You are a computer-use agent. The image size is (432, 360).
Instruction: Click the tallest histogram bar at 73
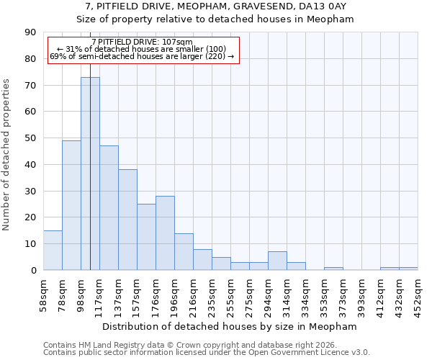tap(90, 173)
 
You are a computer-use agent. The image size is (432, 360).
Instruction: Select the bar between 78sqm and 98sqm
tap(71, 205)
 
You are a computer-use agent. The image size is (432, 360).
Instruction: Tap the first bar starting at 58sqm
tap(53, 250)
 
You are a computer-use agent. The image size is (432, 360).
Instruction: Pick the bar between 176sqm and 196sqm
tap(165, 233)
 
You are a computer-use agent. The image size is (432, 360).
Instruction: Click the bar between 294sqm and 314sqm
tap(277, 261)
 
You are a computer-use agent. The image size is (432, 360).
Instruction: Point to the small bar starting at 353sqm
tap(333, 269)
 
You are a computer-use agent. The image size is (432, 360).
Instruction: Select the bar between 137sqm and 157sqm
tap(127, 220)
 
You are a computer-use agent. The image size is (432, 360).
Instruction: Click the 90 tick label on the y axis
tap(30, 32)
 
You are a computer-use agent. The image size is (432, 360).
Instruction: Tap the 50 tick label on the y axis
tap(30, 138)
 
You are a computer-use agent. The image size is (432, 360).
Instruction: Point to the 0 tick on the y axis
tap(33, 271)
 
